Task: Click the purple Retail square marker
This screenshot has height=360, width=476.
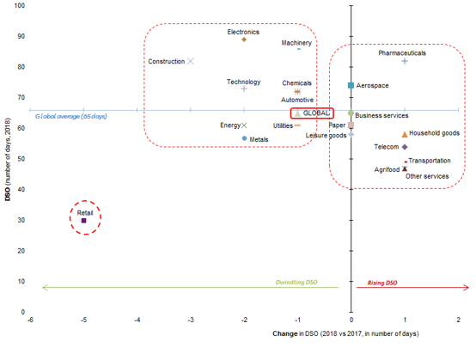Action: coord(83,221)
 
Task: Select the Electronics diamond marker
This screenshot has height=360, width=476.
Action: coord(244,40)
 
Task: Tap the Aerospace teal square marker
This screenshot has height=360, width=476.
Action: coord(351,86)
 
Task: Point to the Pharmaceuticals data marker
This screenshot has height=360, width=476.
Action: coord(405,61)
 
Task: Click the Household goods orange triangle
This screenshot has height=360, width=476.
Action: coord(405,134)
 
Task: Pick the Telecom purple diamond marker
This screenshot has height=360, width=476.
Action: coord(405,147)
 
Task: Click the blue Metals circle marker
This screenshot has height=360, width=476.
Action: coord(245,138)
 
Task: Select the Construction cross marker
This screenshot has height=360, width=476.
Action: coord(191,61)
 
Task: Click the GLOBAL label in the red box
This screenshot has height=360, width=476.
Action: coord(316,113)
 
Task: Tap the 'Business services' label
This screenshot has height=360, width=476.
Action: coord(381,116)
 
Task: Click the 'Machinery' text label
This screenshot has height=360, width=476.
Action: coord(296,43)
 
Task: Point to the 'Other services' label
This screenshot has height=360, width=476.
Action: coord(426,176)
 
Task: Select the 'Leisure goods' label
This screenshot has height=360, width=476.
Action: coord(326,135)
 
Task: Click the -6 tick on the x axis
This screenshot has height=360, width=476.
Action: coord(30,320)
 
